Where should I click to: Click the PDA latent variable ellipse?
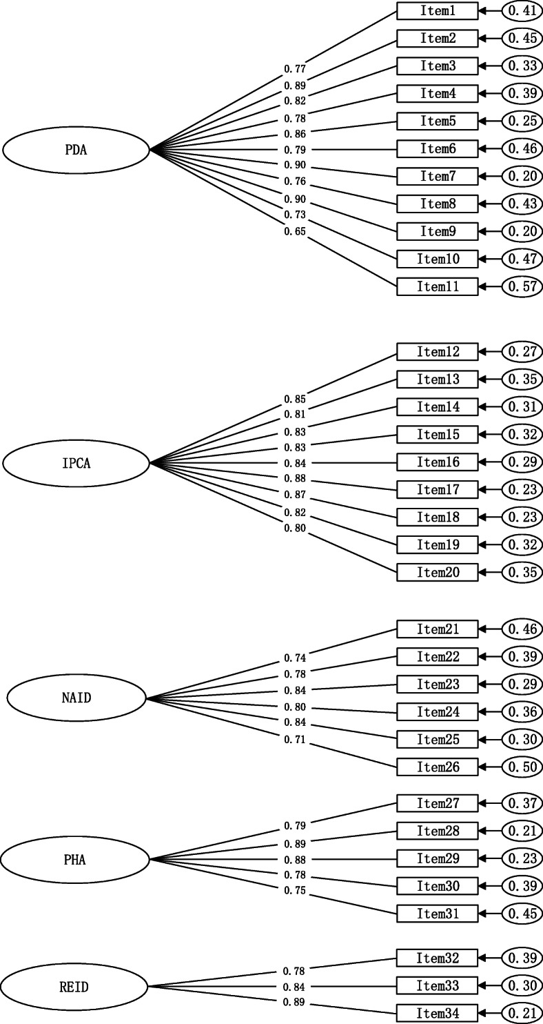76,149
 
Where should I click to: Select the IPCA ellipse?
76,463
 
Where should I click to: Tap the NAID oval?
76,698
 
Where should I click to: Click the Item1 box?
437,11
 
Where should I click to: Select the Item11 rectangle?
437,286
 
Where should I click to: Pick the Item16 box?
437,462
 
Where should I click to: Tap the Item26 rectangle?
437,767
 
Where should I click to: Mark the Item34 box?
437,1013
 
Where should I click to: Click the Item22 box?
437,657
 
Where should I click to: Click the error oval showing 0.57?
522,286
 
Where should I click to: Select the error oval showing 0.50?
522,767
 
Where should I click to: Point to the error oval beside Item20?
522,572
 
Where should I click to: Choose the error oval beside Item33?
522,985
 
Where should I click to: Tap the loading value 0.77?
294,69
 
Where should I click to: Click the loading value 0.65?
294,232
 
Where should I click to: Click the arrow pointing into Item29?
489,858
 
